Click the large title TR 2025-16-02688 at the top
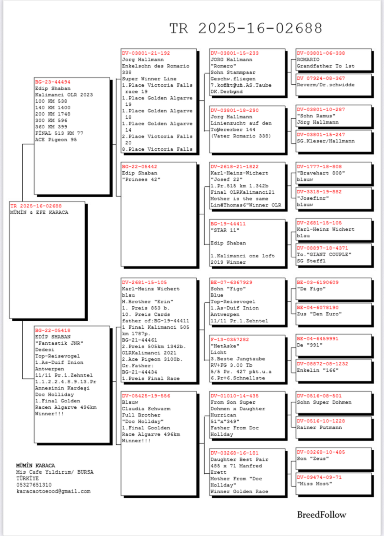click(x=246, y=28)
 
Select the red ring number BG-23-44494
click(x=53, y=82)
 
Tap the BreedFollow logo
click(x=321, y=515)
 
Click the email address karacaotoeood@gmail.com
click(x=53, y=491)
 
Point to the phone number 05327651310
click(x=34, y=485)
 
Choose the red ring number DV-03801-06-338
click(x=321, y=53)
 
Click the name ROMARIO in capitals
click(x=308, y=59)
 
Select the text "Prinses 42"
click(x=141, y=180)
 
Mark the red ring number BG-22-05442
click(x=139, y=167)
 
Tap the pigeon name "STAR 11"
click(x=225, y=230)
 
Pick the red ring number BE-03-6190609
click(x=317, y=282)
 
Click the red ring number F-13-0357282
click(x=230, y=339)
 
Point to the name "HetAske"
click(x=225, y=346)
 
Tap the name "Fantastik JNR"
click(x=59, y=343)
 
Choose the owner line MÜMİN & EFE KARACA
click(x=39, y=212)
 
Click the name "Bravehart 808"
click(x=321, y=173)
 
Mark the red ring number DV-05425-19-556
click(x=146, y=396)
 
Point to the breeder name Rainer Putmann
click(x=319, y=427)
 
